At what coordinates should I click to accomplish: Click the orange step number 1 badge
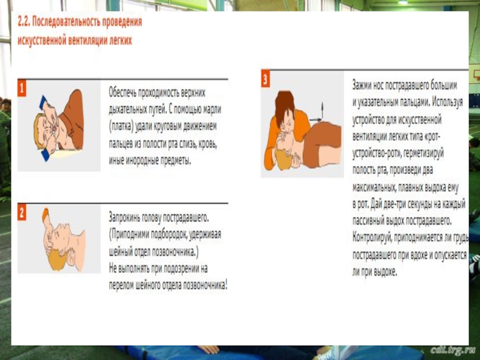click(x=22, y=88)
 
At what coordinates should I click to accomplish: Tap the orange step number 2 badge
click(x=22, y=212)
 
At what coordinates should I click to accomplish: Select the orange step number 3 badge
click(x=265, y=79)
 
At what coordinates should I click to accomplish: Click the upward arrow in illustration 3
click(x=322, y=110)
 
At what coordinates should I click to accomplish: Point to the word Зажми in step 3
click(x=362, y=85)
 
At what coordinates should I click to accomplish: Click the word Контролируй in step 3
click(x=372, y=238)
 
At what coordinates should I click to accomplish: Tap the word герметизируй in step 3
click(x=424, y=153)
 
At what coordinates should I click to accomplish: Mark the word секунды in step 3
click(x=422, y=204)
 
